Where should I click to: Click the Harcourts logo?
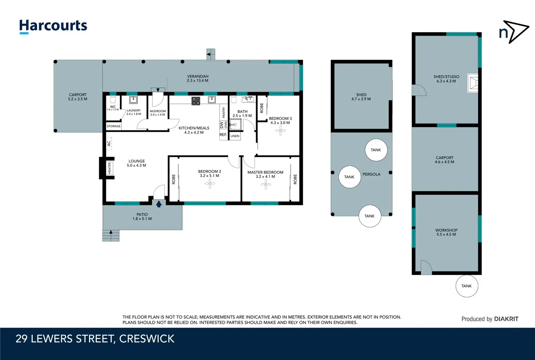coord(53,27)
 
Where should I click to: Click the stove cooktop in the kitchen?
coord(196,101)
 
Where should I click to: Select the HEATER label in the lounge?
coord(109,168)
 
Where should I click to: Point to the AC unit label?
coord(109,143)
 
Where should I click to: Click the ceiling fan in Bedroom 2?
coord(210,183)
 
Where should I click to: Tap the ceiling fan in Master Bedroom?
coord(266,184)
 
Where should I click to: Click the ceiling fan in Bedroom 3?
coord(280,130)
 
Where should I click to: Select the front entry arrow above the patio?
coord(159,204)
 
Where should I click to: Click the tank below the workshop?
coord(467,286)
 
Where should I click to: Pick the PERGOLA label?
coord(371,174)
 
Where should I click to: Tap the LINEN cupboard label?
coord(235,136)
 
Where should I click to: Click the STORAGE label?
coord(114,126)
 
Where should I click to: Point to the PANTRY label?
coord(224,113)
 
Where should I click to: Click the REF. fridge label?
coord(223,135)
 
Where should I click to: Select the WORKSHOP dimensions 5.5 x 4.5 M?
coord(446,234)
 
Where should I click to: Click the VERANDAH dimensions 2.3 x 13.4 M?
coord(197,80)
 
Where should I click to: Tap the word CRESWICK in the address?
coord(146,339)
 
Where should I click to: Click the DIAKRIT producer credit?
coord(506,319)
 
